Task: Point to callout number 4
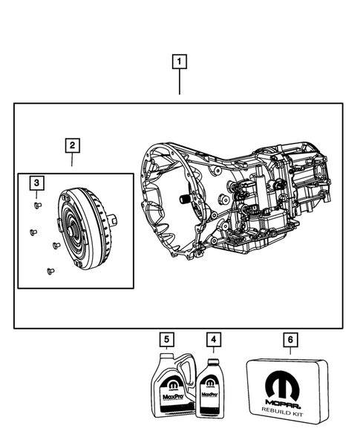pyautogui.click(x=214, y=340)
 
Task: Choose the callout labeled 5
pyautogui.click(x=168, y=340)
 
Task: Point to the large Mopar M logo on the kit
pyautogui.click(x=289, y=386)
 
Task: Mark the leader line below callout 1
pyautogui.click(x=180, y=85)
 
